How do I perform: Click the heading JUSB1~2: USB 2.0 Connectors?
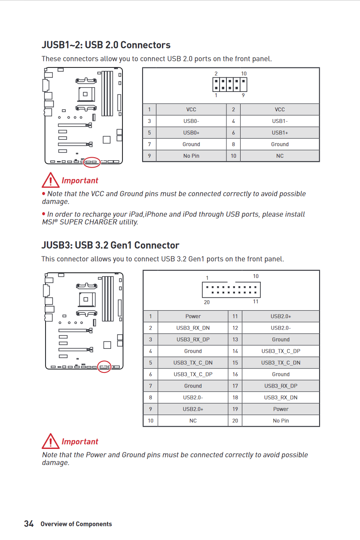coord(106,45)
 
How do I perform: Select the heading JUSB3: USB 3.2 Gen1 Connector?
coord(110,245)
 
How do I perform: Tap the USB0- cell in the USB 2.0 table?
coord(191,121)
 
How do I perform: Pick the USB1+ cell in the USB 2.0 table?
coord(280,133)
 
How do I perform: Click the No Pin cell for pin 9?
coord(191,156)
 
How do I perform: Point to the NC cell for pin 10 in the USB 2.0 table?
coord(280,156)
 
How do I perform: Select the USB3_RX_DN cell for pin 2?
coord(193,328)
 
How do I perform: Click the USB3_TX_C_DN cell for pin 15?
coord(281,363)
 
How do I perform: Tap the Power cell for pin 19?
coord(281,409)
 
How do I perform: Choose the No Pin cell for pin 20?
coord(281,421)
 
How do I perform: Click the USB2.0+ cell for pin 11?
coord(281,316)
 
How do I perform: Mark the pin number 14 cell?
coord(235,351)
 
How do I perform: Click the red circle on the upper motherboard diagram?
coord(91,162)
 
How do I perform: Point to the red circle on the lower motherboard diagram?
coord(104,366)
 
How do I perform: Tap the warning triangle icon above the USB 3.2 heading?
coord(50,180)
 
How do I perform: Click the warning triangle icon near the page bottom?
coord(50,441)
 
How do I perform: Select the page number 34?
coord(29,524)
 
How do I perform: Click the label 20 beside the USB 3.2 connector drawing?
coord(207,302)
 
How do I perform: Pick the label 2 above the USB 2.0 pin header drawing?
coord(216,73)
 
